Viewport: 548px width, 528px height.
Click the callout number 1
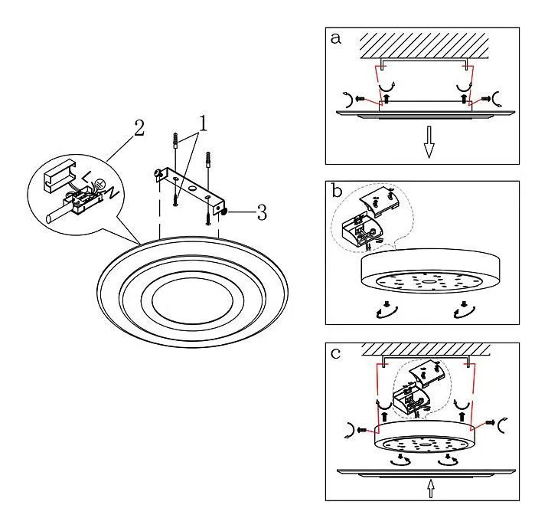pos(203,123)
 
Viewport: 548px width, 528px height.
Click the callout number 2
pos(139,128)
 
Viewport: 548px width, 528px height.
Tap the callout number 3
pos(262,212)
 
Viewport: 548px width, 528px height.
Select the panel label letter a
pos(335,38)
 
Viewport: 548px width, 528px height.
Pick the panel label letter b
pos(338,191)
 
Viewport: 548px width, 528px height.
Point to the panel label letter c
pos(335,354)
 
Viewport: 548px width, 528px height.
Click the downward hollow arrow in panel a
pos(429,142)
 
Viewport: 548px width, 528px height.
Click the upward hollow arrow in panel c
pos(431,488)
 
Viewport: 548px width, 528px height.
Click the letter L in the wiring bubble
pos(86,177)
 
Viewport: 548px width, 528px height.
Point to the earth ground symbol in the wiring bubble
pos(99,184)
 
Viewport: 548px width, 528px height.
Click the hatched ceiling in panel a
pos(424,46)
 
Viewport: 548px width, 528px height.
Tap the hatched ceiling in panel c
pos(426,350)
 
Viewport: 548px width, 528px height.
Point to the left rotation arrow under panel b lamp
pos(387,310)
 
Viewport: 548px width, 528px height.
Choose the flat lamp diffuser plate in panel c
pos(426,472)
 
